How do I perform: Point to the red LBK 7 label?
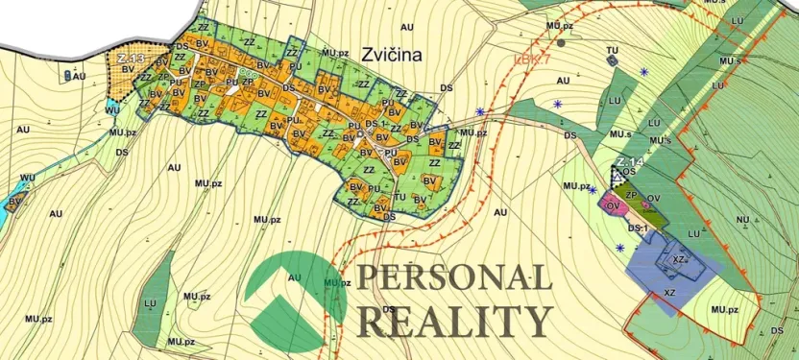[x=532, y=61]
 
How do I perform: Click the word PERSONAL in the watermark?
[x=454, y=278]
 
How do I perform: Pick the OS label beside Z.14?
[x=629, y=173]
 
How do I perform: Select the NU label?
[x=742, y=220]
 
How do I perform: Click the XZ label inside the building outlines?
[x=678, y=259]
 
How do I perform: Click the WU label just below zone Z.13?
[x=112, y=110]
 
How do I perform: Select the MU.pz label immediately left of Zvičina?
[x=334, y=53]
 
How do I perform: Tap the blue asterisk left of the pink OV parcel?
[x=593, y=190]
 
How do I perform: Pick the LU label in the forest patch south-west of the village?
[x=150, y=303]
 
